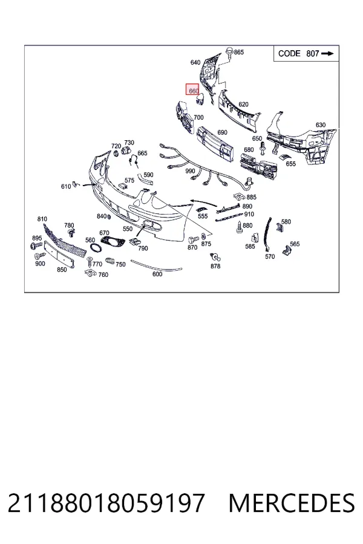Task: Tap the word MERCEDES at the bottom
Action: (292, 503)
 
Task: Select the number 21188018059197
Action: (106, 503)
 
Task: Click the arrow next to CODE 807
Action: (327, 53)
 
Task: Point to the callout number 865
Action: (239, 52)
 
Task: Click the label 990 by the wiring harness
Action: (190, 171)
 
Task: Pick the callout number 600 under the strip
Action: (157, 274)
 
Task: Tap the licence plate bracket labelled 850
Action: (59, 255)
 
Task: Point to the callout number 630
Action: (320, 125)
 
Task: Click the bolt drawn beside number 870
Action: (193, 239)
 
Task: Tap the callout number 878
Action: (215, 266)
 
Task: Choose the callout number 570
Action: (270, 256)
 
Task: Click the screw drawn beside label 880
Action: (240, 227)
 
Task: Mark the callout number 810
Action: (42, 219)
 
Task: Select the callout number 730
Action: (129, 143)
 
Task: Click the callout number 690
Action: (222, 132)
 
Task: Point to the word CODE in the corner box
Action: (289, 53)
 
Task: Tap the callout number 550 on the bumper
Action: (128, 228)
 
